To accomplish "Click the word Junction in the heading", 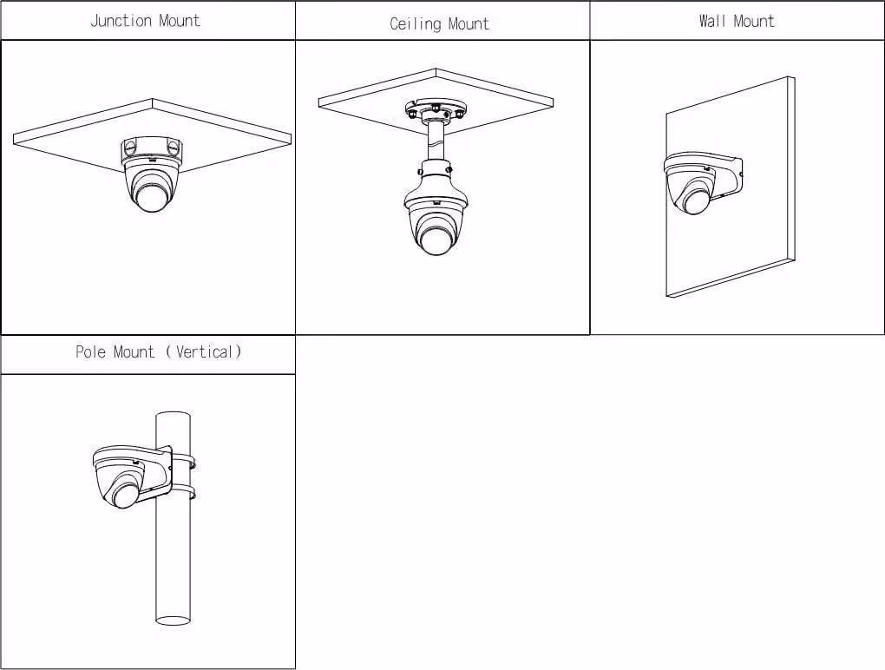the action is [x=121, y=21].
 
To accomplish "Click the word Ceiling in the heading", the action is [x=415, y=23].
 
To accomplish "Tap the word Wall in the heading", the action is [x=712, y=21].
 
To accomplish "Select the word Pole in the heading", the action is [x=90, y=351].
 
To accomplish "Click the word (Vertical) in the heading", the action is [x=204, y=351].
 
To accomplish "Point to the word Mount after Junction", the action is [x=180, y=21].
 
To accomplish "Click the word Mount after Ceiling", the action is [x=469, y=23].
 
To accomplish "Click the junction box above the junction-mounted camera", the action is [x=152, y=149].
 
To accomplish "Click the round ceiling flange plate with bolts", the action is [x=436, y=109].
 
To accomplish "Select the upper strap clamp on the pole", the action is [x=183, y=460].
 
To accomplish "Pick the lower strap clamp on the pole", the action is [x=183, y=491].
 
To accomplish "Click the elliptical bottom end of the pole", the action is [x=173, y=621].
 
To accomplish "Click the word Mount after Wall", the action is [x=753, y=21].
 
